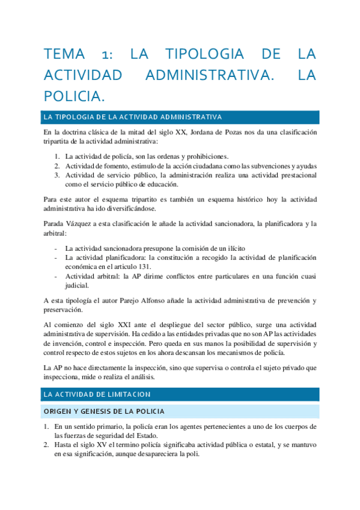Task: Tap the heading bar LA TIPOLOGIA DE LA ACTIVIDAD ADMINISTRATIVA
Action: pos(133,117)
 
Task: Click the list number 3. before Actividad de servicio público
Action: pos(56,175)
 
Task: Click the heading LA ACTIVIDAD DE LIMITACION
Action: pos(97,394)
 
